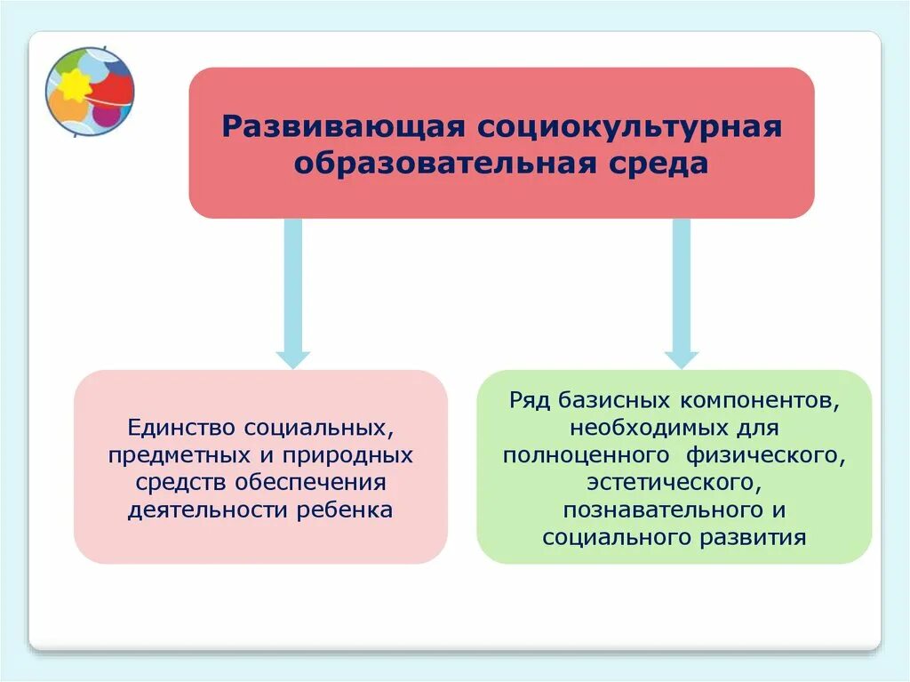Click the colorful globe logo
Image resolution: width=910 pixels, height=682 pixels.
click(x=90, y=91)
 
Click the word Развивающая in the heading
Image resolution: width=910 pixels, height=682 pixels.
click(x=343, y=125)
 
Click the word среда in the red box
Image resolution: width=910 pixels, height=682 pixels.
click(x=659, y=164)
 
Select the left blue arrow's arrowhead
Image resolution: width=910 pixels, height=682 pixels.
click(x=292, y=358)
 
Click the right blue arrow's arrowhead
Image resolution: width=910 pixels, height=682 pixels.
click(x=682, y=358)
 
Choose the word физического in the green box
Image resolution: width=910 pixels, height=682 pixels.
click(x=764, y=454)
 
